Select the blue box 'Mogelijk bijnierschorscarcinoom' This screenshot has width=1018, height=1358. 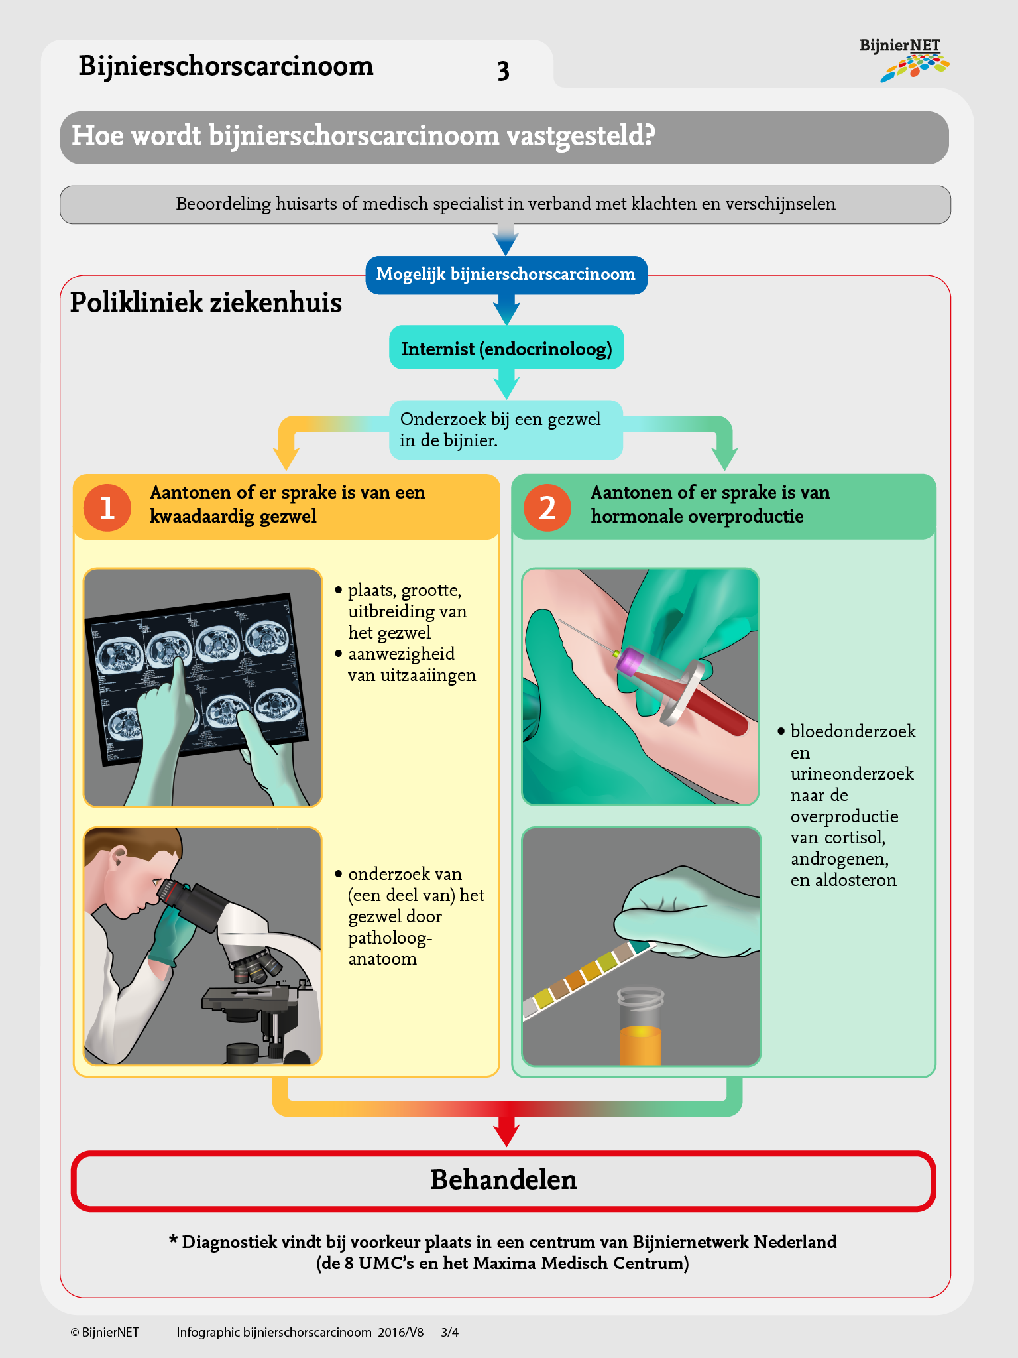[506, 275]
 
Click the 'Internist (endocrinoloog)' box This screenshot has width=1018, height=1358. [506, 349]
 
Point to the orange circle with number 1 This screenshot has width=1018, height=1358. [107, 508]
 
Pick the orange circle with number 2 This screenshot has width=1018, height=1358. [547, 508]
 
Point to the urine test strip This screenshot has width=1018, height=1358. [583, 975]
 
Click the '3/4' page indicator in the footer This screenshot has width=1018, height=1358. [449, 1332]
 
